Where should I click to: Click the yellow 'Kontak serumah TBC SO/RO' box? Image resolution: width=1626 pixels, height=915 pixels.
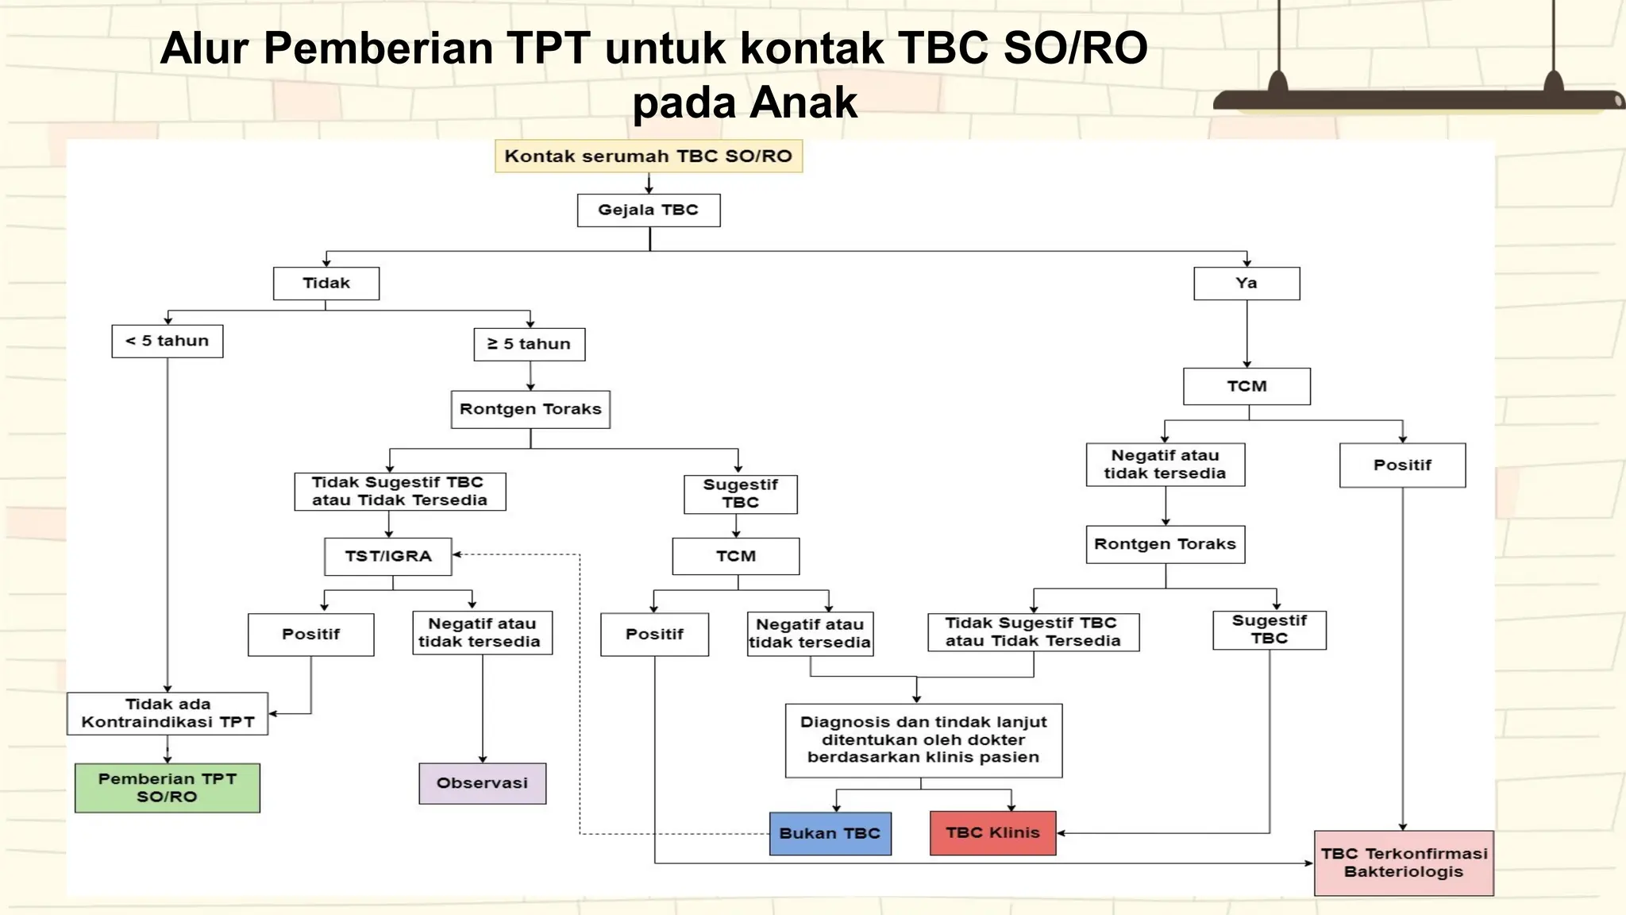point(648,156)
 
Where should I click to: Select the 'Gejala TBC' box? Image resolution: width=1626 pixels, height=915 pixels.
point(648,210)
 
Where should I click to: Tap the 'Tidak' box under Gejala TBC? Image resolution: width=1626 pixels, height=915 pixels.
point(326,284)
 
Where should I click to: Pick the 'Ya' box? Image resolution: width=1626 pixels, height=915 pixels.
point(1246,284)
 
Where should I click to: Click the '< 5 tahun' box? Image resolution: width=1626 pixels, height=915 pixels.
point(167,342)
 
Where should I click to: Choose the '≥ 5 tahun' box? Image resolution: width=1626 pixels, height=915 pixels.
point(529,345)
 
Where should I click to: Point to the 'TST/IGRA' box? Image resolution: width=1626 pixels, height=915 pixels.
point(387,557)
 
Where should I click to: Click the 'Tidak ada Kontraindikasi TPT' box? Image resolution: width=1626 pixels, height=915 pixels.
point(167,713)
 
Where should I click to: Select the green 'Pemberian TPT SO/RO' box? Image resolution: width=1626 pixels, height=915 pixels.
point(167,788)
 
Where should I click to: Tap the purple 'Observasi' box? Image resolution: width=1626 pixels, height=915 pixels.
point(482,783)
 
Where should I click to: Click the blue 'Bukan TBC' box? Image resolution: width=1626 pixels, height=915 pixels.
point(830,833)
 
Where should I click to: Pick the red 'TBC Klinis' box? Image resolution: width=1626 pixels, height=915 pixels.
point(992,833)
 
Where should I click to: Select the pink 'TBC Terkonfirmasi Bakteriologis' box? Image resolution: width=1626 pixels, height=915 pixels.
point(1403,863)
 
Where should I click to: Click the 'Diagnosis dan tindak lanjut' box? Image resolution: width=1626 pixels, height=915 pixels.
point(923,740)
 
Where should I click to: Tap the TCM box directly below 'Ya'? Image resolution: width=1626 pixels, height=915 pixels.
point(1246,387)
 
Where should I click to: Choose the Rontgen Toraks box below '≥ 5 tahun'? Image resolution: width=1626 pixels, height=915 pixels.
point(530,410)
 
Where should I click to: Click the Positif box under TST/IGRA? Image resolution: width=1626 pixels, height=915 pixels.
point(310,635)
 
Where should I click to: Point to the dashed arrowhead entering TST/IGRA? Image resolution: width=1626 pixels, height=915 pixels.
point(457,554)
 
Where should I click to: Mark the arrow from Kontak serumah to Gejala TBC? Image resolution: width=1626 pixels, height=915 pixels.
point(649,184)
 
